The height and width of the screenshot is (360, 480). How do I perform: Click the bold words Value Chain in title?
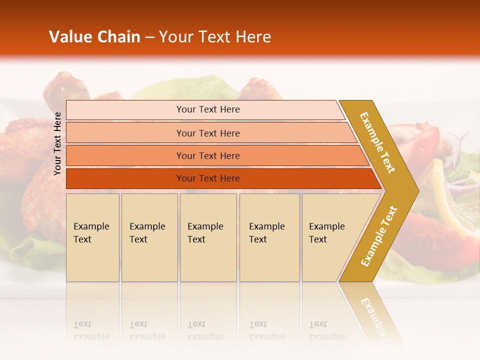pyautogui.click(x=94, y=37)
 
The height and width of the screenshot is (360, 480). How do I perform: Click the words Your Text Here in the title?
pyautogui.click(x=215, y=37)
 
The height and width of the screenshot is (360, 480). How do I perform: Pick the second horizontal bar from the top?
pyautogui.click(x=208, y=133)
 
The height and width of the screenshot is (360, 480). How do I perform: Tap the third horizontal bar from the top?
pyautogui.click(x=208, y=155)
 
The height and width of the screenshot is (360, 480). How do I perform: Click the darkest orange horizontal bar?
pyautogui.click(x=208, y=178)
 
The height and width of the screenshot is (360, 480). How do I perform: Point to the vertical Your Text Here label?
pyautogui.click(x=57, y=143)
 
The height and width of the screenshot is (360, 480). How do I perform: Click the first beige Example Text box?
pyautogui.click(x=92, y=237)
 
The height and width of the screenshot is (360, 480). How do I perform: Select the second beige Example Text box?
pyautogui.click(x=149, y=237)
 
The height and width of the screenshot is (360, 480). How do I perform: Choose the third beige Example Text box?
pyautogui.click(x=208, y=237)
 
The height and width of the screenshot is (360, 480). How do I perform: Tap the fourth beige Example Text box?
pyautogui.click(x=269, y=237)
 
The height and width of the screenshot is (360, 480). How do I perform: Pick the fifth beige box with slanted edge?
pyautogui.click(x=330, y=237)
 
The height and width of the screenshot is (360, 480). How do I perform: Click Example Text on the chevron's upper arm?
pyautogui.click(x=377, y=142)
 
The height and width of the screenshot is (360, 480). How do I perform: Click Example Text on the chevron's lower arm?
pyautogui.click(x=379, y=236)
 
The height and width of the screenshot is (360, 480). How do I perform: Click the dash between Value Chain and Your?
pyautogui.click(x=149, y=37)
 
